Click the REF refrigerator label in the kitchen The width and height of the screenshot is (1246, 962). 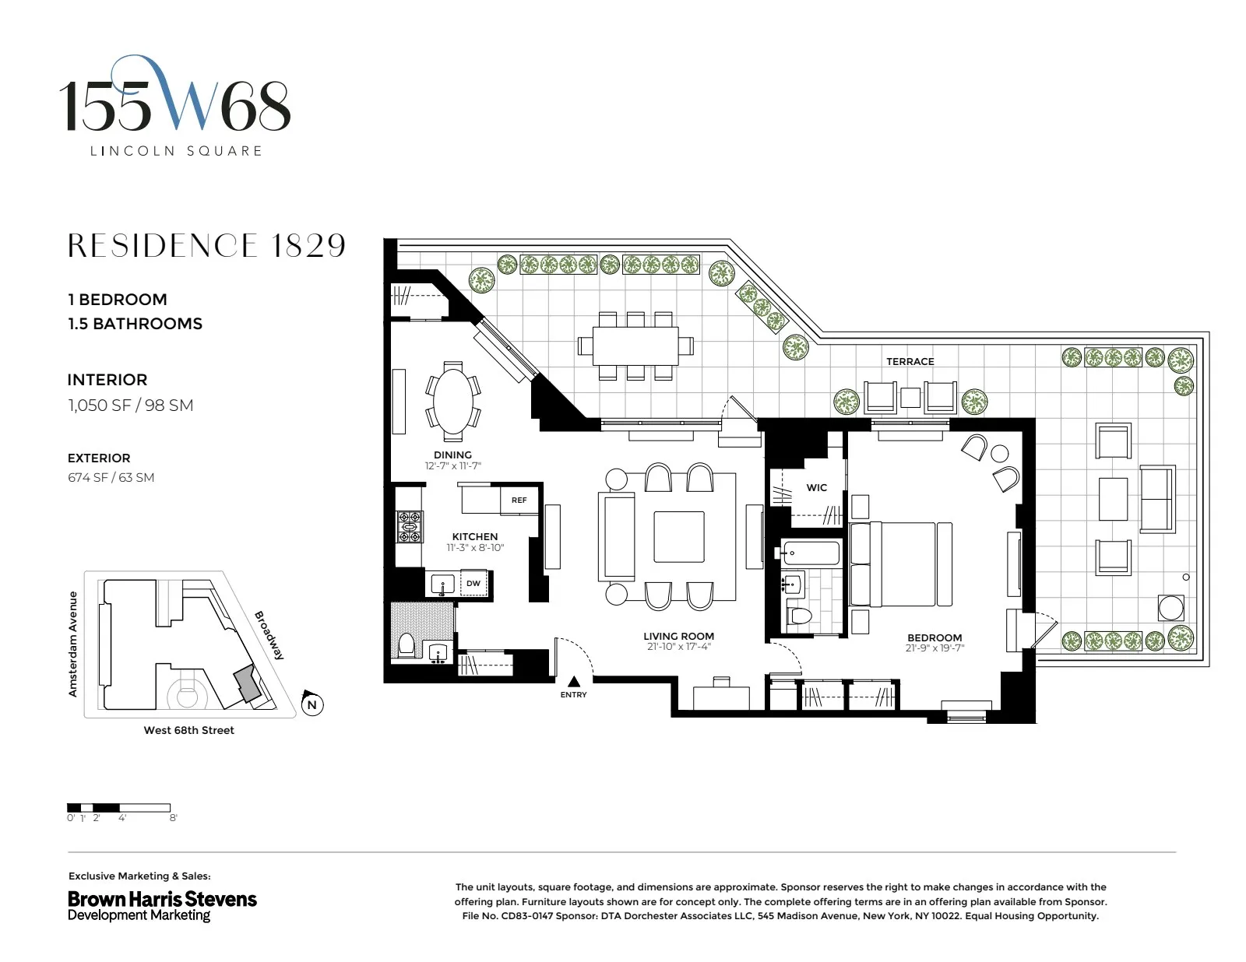519,500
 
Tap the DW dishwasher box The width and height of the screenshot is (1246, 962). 473,583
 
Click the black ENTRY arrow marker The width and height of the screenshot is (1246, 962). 574,682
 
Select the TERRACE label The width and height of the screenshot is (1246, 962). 910,361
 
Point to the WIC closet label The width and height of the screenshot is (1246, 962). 816,488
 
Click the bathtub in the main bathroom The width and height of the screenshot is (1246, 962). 811,553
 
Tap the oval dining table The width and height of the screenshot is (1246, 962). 452,399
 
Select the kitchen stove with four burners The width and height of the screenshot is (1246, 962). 410,526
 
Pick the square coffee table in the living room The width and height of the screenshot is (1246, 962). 679,536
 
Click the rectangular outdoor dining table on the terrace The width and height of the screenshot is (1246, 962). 635,346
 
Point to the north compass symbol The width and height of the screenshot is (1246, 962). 311,704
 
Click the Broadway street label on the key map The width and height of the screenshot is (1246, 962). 269,635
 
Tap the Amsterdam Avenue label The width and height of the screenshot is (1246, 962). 73,644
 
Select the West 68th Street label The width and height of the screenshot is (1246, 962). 188,730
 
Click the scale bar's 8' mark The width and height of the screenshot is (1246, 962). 173,818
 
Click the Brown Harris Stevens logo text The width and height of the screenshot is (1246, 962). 162,899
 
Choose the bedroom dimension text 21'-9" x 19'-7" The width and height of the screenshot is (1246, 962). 935,648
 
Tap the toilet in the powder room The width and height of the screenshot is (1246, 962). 406,645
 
